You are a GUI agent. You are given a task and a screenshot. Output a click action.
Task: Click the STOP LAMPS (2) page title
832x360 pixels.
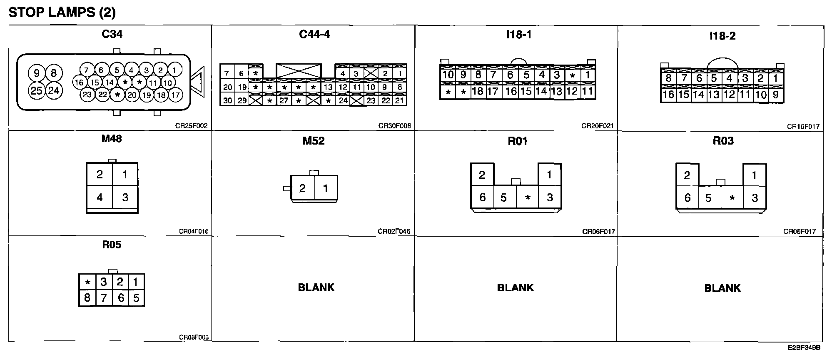pyautogui.click(x=62, y=12)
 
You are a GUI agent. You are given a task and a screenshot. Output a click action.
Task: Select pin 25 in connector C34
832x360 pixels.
pyautogui.click(x=37, y=90)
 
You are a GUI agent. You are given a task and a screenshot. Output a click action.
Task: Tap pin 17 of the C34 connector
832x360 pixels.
pyautogui.click(x=176, y=95)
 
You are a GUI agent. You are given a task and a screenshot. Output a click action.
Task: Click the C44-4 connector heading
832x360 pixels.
pyautogui.click(x=314, y=34)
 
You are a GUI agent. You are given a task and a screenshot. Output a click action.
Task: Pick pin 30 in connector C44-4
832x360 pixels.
pyautogui.click(x=227, y=100)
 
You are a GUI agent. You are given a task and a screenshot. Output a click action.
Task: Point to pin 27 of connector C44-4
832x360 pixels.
pyautogui.click(x=284, y=100)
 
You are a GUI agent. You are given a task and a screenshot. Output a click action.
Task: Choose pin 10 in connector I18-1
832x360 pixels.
pyautogui.click(x=448, y=75)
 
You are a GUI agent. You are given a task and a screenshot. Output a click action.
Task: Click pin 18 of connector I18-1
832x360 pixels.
pyautogui.click(x=477, y=91)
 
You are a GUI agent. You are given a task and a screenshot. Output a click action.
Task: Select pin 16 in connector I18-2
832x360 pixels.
pyautogui.click(x=668, y=95)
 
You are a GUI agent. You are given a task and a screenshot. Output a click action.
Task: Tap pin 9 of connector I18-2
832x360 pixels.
pyautogui.click(x=775, y=95)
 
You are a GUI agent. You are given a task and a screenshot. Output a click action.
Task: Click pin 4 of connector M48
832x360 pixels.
pyautogui.click(x=100, y=197)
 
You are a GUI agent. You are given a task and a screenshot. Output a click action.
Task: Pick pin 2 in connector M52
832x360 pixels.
pyautogui.click(x=302, y=188)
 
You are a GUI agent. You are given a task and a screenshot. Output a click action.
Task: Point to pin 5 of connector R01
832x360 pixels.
pyautogui.click(x=503, y=197)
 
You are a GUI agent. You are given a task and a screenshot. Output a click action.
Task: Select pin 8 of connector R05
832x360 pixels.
pyautogui.click(x=87, y=298)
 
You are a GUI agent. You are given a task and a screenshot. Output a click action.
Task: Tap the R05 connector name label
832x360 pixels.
pyautogui.click(x=112, y=245)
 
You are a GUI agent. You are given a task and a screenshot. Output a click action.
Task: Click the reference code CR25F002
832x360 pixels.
pyautogui.click(x=191, y=126)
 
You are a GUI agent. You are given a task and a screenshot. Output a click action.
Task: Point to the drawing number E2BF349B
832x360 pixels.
pyautogui.click(x=804, y=347)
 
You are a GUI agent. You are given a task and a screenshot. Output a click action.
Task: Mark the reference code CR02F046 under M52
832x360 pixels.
pyautogui.click(x=394, y=232)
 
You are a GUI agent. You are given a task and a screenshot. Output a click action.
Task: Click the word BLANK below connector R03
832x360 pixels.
pyautogui.click(x=722, y=288)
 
